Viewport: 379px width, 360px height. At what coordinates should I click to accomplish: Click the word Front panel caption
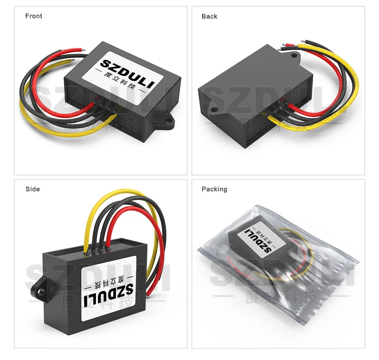click(34, 16)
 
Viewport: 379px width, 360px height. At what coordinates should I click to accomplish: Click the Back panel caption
click(209, 17)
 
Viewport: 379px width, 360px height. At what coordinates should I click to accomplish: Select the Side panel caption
click(33, 189)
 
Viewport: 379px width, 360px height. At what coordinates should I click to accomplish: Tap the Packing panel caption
click(214, 189)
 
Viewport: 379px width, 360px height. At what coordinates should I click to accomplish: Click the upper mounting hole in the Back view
click(294, 55)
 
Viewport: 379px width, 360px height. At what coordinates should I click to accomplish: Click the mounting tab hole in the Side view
click(41, 292)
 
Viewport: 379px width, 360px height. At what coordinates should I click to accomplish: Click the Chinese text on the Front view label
click(119, 85)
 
